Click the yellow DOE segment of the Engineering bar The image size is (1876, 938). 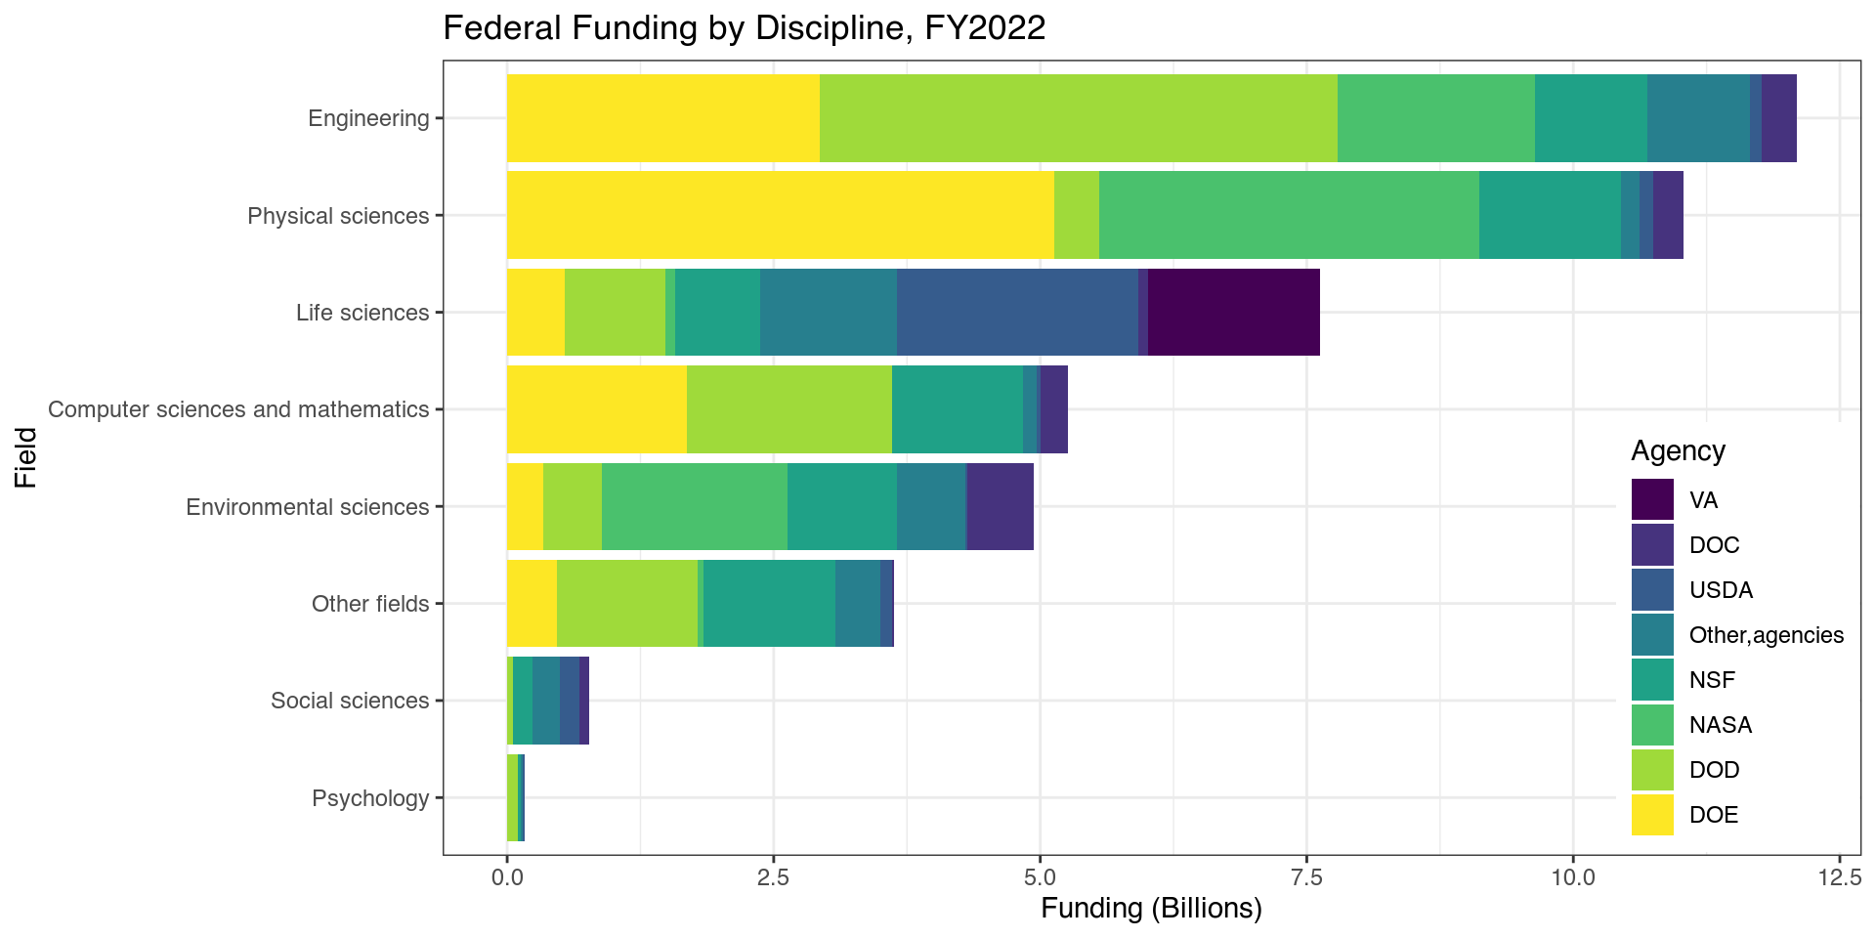coord(662,118)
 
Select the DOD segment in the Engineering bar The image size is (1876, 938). coord(1078,118)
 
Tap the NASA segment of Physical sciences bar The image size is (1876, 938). coord(1289,215)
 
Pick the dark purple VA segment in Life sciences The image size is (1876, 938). coord(1233,313)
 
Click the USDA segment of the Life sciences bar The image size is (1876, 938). coord(1017,313)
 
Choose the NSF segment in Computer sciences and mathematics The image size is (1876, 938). coord(957,409)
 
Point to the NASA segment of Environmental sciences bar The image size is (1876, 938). coord(694,507)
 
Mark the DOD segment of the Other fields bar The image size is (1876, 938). coord(627,604)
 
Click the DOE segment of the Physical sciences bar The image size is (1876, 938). coord(780,215)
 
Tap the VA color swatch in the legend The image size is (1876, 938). coord(1652,500)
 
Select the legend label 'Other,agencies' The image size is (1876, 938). coord(1766,635)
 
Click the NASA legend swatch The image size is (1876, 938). coord(1652,725)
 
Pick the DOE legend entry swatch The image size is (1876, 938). coord(1652,815)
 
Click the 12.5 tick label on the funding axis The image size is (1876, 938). coord(1839,876)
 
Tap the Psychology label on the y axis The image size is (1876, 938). coord(370,798)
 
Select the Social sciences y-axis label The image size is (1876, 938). coord(350,701)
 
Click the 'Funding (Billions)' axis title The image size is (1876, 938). coord(1151,909)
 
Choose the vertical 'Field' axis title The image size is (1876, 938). coord(26,457)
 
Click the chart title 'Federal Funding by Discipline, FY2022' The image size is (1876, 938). coord(744,27)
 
